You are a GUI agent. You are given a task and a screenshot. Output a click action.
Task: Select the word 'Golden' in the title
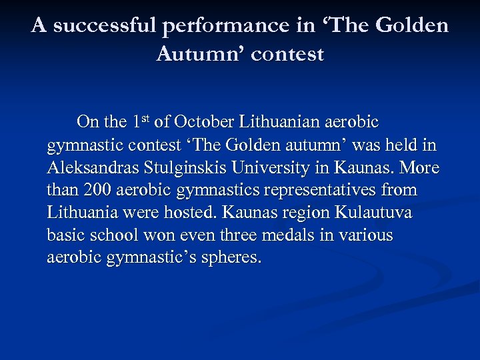(412, 26)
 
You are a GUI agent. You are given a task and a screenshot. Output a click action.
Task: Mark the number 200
(97, 190)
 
